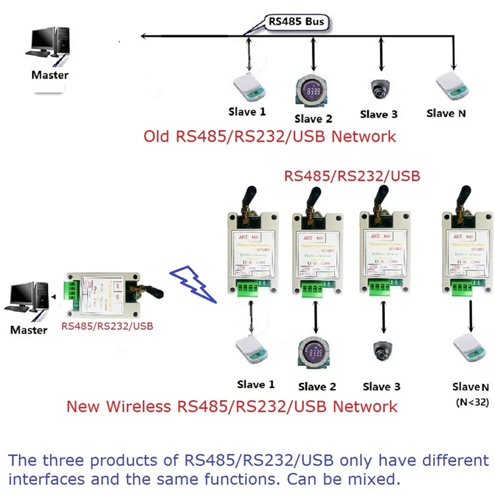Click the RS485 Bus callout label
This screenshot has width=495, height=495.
click(x=296, y=22)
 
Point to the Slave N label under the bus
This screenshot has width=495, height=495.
click(x=446, y=113)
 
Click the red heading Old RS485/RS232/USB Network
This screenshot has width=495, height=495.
click(x=270, y=136)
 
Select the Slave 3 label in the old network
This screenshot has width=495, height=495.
click(x=379, y=114)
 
